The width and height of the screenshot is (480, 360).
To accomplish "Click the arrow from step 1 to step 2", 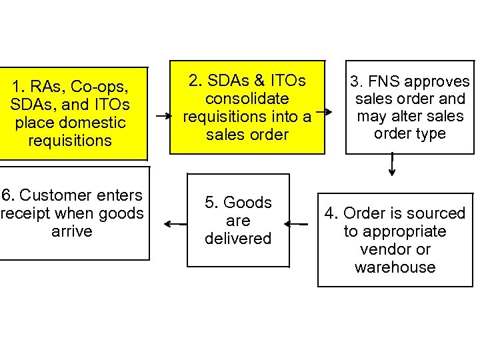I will (162, 115).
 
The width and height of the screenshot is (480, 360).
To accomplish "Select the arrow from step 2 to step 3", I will (324, 112).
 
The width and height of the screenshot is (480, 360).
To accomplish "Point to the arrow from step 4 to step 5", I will (296, 224).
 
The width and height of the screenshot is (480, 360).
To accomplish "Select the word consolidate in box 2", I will (247, 99).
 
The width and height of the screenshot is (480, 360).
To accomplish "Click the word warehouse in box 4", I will (395, 267).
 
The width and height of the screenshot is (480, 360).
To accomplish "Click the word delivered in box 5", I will (238, 239).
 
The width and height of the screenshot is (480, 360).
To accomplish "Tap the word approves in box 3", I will (437, 82).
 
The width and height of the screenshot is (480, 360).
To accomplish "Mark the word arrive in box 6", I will (71, 231).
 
